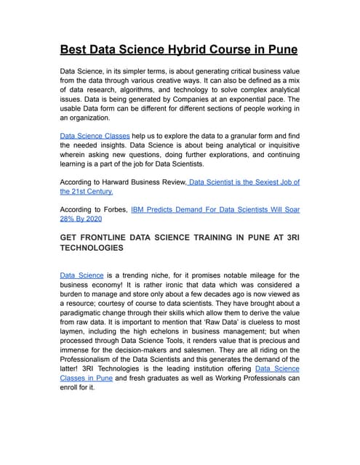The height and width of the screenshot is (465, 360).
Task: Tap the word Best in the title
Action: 74,50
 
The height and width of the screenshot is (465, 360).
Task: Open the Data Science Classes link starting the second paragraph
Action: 95,135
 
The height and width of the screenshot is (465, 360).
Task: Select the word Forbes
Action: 114,209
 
